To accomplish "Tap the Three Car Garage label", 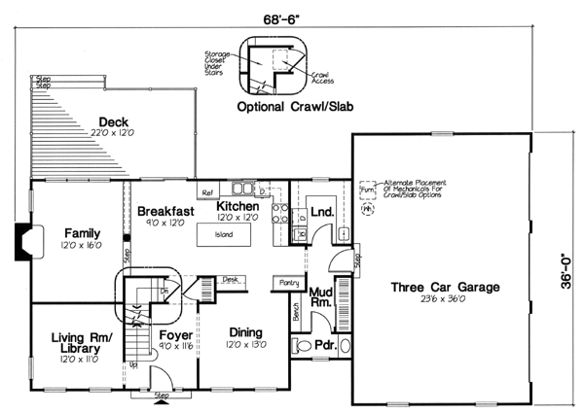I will [446, 288].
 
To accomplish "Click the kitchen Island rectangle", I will [225, 235].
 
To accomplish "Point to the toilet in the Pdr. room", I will [302, 345].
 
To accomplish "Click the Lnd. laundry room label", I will [322, 208].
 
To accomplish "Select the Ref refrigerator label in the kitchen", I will [207, 193].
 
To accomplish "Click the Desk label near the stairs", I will [230, 279].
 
